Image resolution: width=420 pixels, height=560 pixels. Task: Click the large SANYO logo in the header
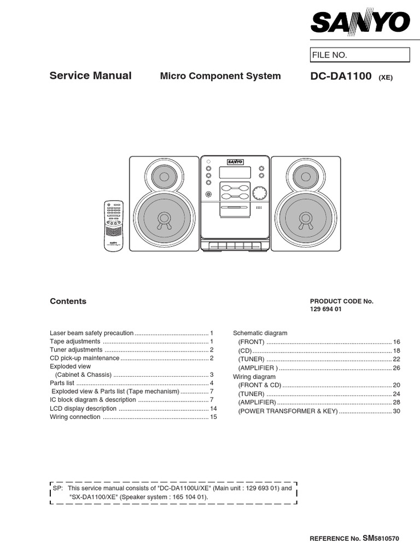tap(360, 22)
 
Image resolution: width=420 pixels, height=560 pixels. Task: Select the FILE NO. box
tap(360, 55)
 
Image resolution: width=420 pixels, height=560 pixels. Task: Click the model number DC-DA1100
tap(341, 76)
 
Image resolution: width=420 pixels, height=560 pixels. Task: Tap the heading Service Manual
tap(91, 75)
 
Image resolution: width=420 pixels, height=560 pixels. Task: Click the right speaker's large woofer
tap(305, 218)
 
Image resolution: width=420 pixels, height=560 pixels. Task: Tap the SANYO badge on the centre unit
tap(235, 161)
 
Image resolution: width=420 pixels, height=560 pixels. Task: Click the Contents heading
tap(68, 301)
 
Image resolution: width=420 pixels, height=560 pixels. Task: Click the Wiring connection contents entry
tap(75, 417)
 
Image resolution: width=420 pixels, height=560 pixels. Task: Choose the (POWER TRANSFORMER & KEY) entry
tap(288, 411)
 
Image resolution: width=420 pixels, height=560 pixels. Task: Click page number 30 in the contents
tap(397, 411)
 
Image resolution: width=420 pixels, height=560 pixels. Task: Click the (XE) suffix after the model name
tap(386, 78)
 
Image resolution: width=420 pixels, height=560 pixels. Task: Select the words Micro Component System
tap(220, 76)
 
